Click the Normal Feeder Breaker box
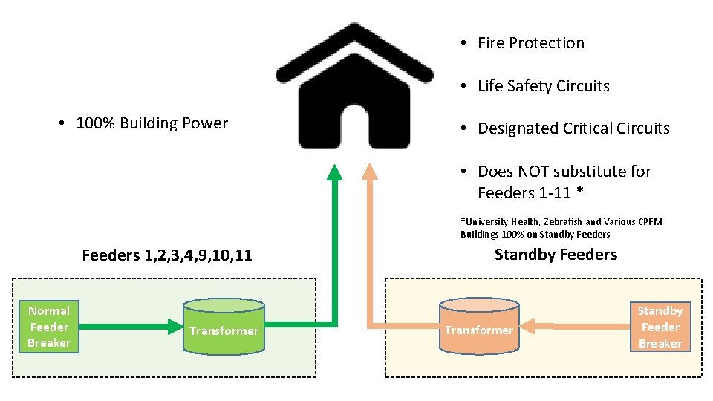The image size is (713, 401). pyautogui.click(x=49, y=327)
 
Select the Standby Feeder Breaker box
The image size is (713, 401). pyautogui.click(x=660, y=327)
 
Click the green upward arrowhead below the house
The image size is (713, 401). pyautogui.click(x=335, y=173)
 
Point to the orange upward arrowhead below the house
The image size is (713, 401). pyautogui.click(x=367, y=173)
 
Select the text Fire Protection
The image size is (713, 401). pyautogui.click(x=530, y=43)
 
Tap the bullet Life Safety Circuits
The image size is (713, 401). pyautogui.click(x=543, y=86)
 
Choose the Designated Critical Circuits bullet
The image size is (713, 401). pyautogui.click(x=573, y=128)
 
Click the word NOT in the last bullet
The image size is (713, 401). pyautogui.click(x=532, y=172)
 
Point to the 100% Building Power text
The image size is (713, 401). pyautogui.click(x=152, y=123)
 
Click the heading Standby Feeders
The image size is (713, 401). pyautogui.click(x=556, y=255)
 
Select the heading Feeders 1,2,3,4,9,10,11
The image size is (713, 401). pyautogui.click(x=167, y=256)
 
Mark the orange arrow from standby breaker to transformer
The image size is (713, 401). pyautogui.click(x=576, y=325)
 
